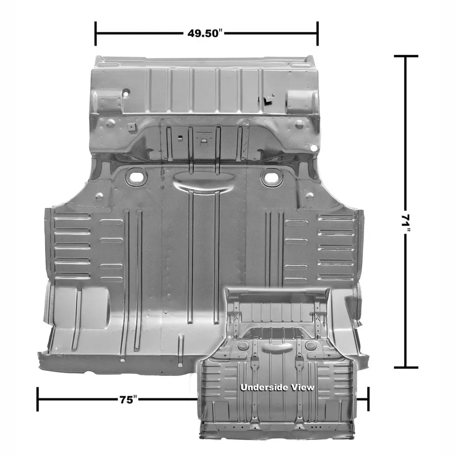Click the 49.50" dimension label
tap(205, 33)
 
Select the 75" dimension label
tap(128, 399)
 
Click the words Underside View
tap(277, 387)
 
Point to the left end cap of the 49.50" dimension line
tap(96, 33)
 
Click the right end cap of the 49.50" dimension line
tap(318, 33)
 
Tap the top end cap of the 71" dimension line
tap(406, 56)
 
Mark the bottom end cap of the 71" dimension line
tap(406, 367)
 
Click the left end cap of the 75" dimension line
tap(38, 399)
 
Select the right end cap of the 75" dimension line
tap(368, 399)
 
